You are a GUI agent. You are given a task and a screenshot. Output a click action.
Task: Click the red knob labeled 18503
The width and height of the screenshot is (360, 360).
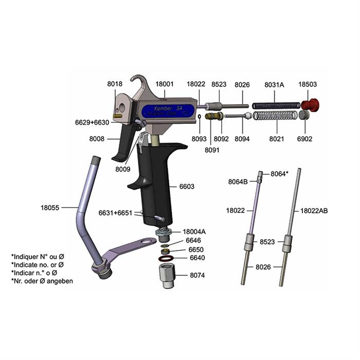point(311,105)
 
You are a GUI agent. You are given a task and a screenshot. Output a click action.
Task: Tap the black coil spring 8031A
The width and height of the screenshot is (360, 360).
point(276,105)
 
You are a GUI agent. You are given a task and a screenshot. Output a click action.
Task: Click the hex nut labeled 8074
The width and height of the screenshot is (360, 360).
point(168,277)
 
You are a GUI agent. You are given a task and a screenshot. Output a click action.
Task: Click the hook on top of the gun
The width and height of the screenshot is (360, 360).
point(139,82)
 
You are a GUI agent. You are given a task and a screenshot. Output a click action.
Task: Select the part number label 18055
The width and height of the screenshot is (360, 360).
point(50,208)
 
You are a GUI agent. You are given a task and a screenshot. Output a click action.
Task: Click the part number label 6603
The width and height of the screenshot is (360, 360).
point(187,186)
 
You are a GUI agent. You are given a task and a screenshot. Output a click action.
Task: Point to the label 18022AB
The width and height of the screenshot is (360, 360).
point(314,210)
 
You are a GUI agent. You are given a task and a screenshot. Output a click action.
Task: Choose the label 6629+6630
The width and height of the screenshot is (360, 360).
point(92,122)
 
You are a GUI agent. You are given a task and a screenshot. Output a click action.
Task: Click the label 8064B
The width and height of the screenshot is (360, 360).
point(238,181)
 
